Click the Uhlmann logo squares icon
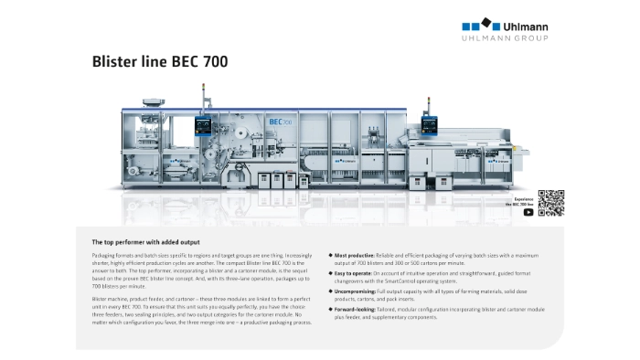tap(477, 24)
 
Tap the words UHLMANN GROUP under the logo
tap(505, 39)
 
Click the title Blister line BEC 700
tap(160, 63)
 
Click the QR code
tap(550, 202)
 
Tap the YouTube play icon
tap(528, 212)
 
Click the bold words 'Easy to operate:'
tap(353, 273)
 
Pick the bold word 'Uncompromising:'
tap(355, 291)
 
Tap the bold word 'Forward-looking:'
tap(355, 309)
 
